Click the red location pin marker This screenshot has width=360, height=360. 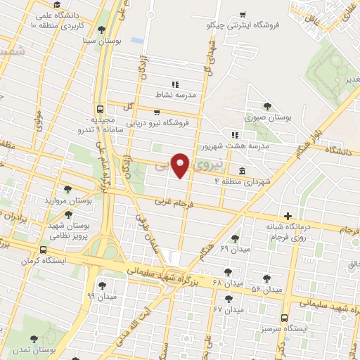[x=181, y=165]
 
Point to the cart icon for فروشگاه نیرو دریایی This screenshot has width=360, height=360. [x=157, y=110]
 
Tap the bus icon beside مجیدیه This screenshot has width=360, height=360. [x=101, y=110]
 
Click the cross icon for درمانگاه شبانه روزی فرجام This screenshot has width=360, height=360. [x=287, y=216]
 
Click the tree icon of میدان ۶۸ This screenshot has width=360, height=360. [x=228, y=270]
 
